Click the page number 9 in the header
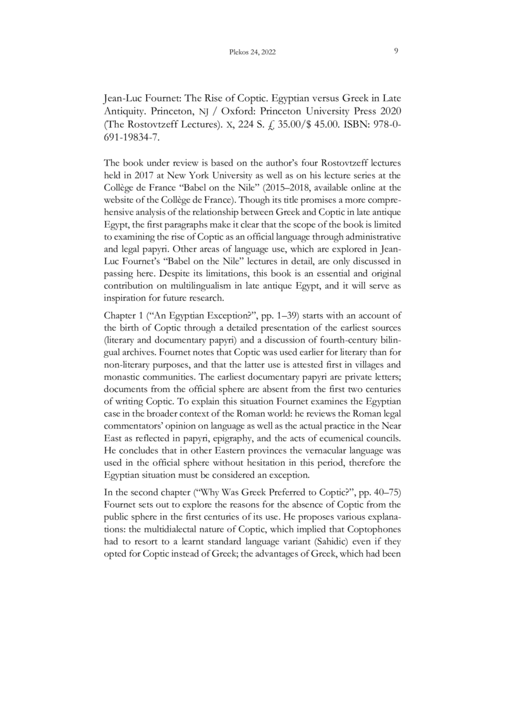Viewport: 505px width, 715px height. coord(395,52)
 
